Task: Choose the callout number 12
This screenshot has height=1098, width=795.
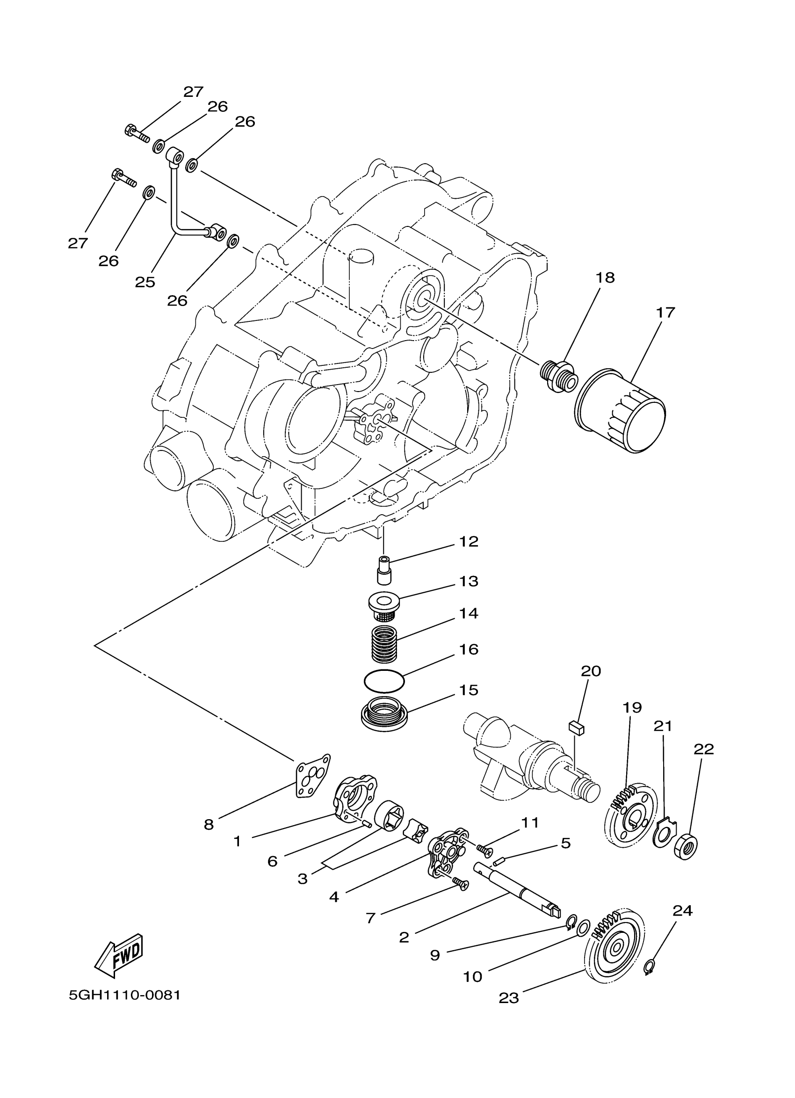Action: [468, 541]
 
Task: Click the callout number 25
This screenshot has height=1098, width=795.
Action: [145, 282]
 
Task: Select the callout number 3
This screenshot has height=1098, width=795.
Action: [303, 879]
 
